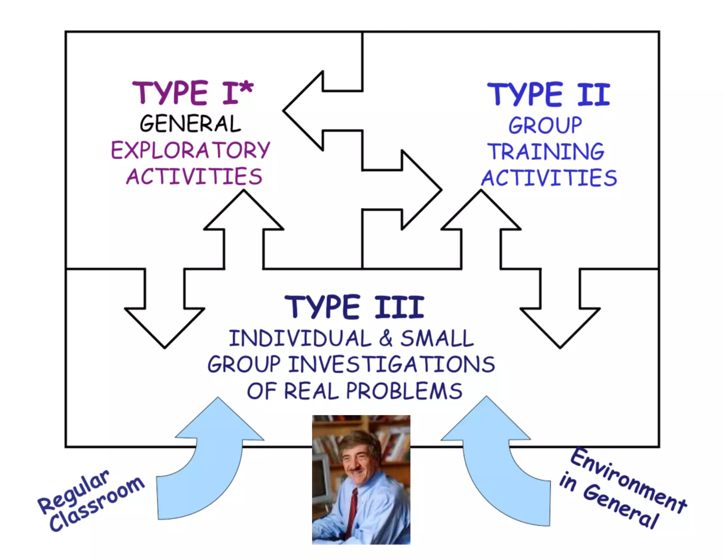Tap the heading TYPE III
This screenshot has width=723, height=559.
354,307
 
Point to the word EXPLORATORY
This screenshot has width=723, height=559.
191,151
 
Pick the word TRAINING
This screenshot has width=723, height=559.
546,152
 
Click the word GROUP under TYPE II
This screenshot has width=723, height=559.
545,125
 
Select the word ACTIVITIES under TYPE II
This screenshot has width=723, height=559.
549,178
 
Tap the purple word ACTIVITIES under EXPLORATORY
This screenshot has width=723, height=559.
194,177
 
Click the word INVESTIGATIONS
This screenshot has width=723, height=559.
392,365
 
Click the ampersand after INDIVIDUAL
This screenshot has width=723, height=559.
386,338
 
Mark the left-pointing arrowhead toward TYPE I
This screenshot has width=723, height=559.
304,111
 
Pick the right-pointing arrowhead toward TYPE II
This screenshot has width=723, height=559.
422,190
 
